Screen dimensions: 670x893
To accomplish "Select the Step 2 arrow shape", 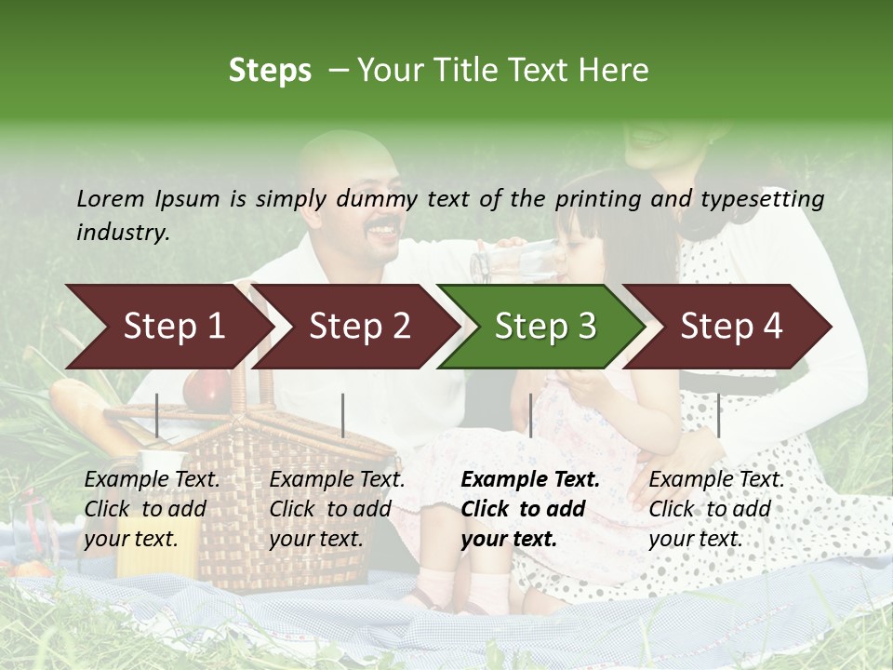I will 358,327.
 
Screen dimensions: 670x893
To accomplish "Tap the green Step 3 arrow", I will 544,327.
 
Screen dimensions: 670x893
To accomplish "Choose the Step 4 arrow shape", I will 731,327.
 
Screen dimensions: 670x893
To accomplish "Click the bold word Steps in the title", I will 270,71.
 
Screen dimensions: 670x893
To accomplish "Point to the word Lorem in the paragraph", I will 109,198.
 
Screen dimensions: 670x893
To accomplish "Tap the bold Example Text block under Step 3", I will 530,509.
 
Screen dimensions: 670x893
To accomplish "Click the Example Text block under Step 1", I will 152,509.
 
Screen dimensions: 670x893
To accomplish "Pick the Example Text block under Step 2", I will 337,509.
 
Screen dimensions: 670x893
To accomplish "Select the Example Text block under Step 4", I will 716,509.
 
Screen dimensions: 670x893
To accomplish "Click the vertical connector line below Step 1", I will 157,415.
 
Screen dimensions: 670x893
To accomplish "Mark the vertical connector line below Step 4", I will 718,415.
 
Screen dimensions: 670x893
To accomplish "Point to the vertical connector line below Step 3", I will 530,415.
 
